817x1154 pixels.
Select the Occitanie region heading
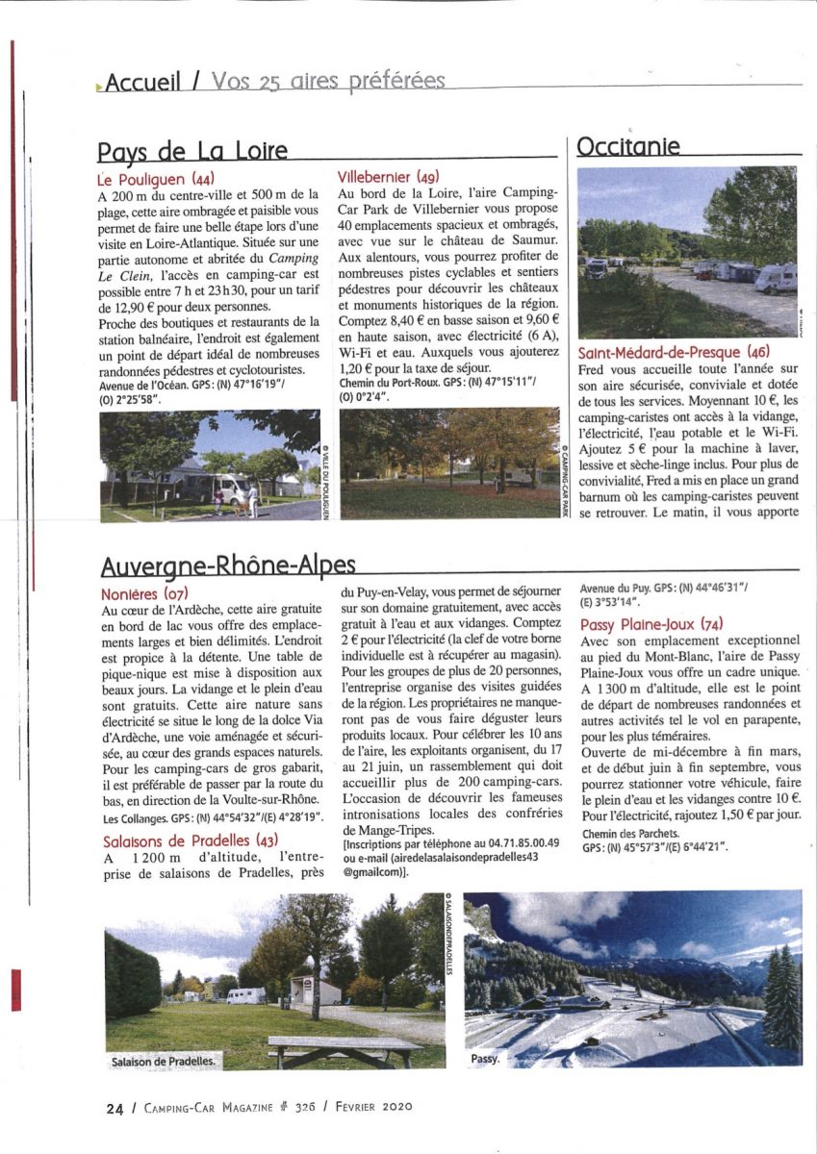[627, 146]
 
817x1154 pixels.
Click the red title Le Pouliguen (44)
[156, 179]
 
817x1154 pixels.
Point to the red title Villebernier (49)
[389, 177]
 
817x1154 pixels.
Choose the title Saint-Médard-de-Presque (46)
[674, 352]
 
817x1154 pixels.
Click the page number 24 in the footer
[115, 1107]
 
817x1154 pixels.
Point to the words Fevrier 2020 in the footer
[376, 1107]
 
